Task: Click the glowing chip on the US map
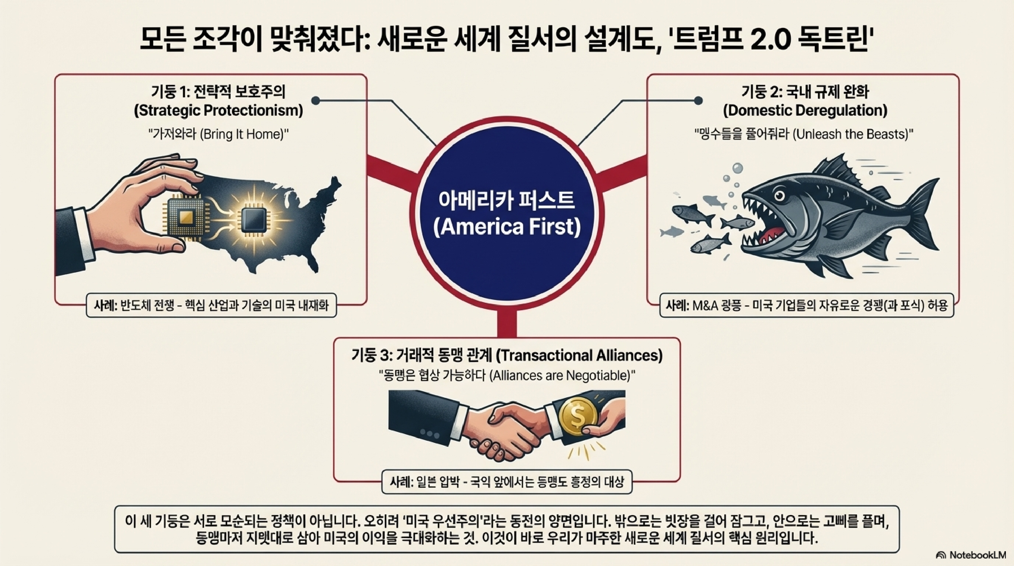253,220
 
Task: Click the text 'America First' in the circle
507,227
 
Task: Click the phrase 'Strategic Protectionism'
219,111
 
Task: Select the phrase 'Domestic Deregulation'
805,111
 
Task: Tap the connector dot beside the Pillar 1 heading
315,101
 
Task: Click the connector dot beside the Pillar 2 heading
698,101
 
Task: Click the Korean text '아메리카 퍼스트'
507,201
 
